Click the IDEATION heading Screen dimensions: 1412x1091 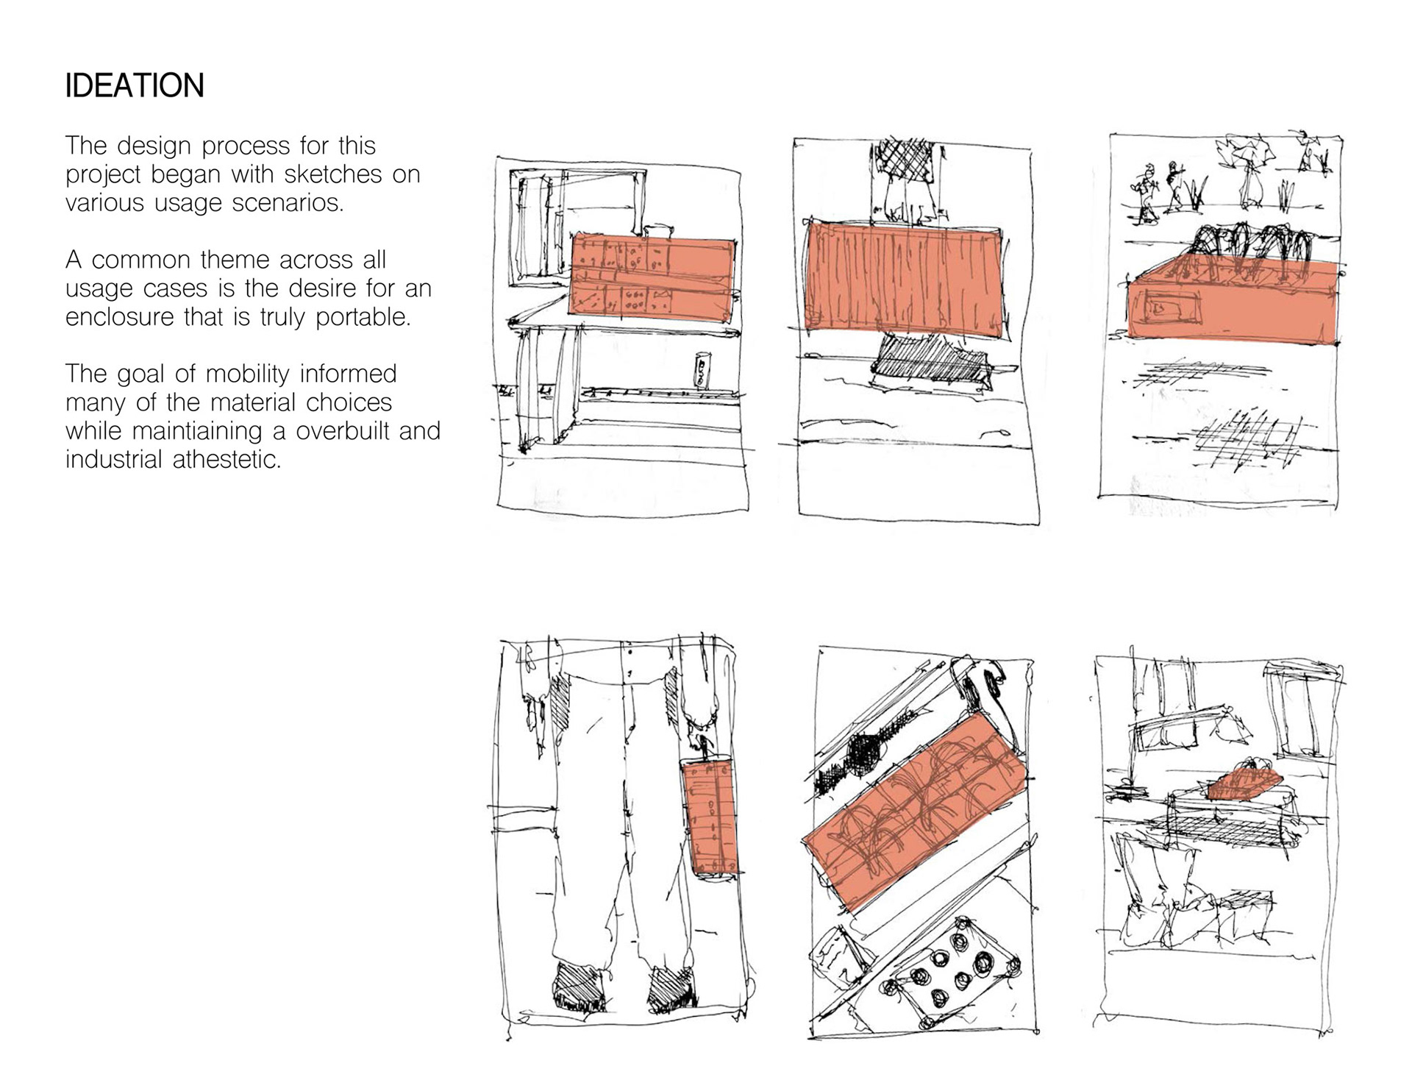[x=135, y=86]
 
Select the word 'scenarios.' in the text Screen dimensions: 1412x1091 [x=288, y=202]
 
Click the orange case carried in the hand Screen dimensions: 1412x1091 [x=710, y=817]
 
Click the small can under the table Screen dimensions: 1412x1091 [x=703, y=370]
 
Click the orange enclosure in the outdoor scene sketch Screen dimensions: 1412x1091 [x=1233, y=302]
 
